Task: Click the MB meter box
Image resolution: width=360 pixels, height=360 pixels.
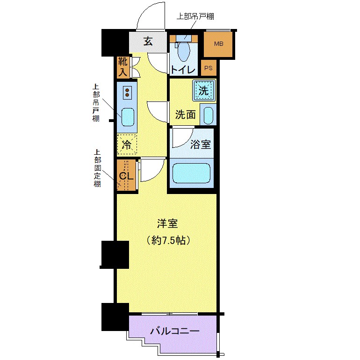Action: [218, 44]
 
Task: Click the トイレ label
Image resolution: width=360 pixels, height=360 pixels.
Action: [183, 70]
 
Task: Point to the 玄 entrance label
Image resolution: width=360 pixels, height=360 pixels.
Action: [148, 42]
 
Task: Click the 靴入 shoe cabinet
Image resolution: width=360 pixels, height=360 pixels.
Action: [122, 67]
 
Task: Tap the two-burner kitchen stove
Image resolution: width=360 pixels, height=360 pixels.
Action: [127, 92]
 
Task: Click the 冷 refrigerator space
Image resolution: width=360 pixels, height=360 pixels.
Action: [127, 145]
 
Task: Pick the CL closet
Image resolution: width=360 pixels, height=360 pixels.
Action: [126, 176]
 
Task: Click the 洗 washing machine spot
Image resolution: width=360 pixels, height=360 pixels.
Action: [204, 90]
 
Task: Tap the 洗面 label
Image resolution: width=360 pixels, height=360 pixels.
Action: [185, 115]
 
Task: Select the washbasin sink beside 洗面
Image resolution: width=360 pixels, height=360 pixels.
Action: [208, 115]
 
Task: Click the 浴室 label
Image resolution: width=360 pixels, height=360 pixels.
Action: [201, 144]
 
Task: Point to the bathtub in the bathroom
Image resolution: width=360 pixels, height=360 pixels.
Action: [192, 173]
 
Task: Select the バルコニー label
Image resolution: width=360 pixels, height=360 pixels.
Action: [175, 331]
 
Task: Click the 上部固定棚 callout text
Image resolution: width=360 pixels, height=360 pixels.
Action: [97, 168]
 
